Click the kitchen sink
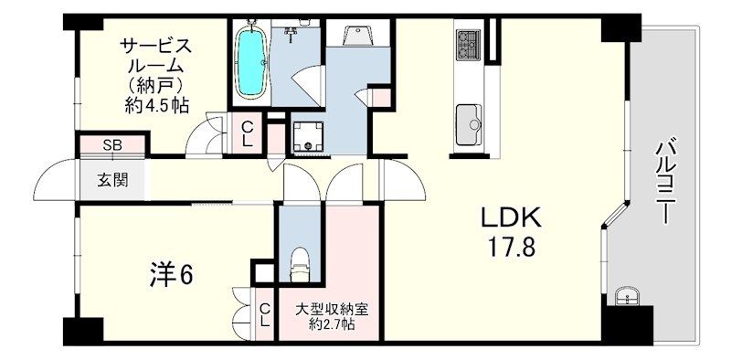pos(469,124)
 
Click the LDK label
pos(512,217)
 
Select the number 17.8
pos(511,247)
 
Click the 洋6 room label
pos(171,276)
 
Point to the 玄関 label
pos(112,181)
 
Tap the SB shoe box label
pos(112,145)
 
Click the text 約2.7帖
pos(333,323)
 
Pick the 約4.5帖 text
pos(156,106)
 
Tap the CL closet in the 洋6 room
pos(265,314)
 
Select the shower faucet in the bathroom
pos(292,32)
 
